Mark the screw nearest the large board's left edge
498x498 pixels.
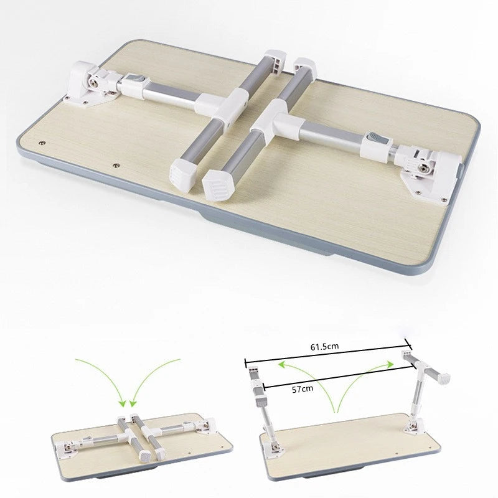point(42,143)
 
